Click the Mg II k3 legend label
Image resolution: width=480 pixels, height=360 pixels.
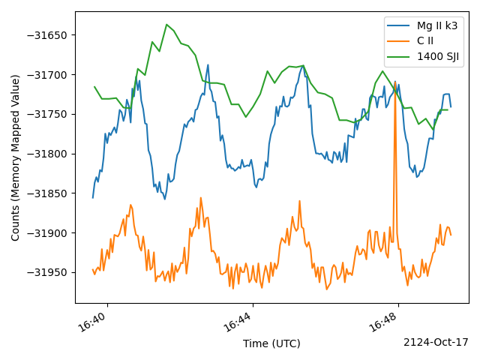click(x=437, y=25)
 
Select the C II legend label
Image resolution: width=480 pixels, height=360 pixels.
click(x=425, y=41)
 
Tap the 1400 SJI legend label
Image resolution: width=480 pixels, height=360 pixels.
click(x=438, y=57)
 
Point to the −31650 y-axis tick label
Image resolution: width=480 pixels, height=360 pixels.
click(x=46, y=35)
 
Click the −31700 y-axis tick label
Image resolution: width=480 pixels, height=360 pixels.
click(x=46, y=75)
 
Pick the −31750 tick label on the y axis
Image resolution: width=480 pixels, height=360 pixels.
click(x=46, y=114)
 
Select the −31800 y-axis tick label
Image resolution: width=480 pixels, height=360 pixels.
click(x=46, y=154)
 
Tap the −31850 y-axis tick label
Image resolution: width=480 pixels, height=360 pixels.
click(x=46, y=193)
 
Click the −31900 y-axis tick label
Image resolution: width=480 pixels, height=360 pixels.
click(x=46, y=233)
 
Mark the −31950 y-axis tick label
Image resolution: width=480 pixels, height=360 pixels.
click(x=46, y=272)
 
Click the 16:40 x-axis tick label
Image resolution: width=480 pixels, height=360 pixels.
click(x=93, y=322)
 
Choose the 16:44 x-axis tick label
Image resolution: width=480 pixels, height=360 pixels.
click(x=238, y=322)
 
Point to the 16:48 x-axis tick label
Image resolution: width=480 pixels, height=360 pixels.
click(x=384, y=322)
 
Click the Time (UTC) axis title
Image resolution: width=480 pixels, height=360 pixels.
click(x=271, y=343)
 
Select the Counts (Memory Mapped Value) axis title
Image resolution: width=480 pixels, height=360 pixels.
click(x=15, y=157)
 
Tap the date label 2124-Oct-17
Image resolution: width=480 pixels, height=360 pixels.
click(x=436, y=342)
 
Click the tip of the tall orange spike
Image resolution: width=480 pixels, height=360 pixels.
click(x=395, y=82)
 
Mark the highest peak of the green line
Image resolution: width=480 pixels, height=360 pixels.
click(x=166, y=24)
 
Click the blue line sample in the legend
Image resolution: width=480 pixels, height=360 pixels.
click(x=398, y=25)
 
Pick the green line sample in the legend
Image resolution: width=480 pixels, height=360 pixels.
click(x=398, y=57)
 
